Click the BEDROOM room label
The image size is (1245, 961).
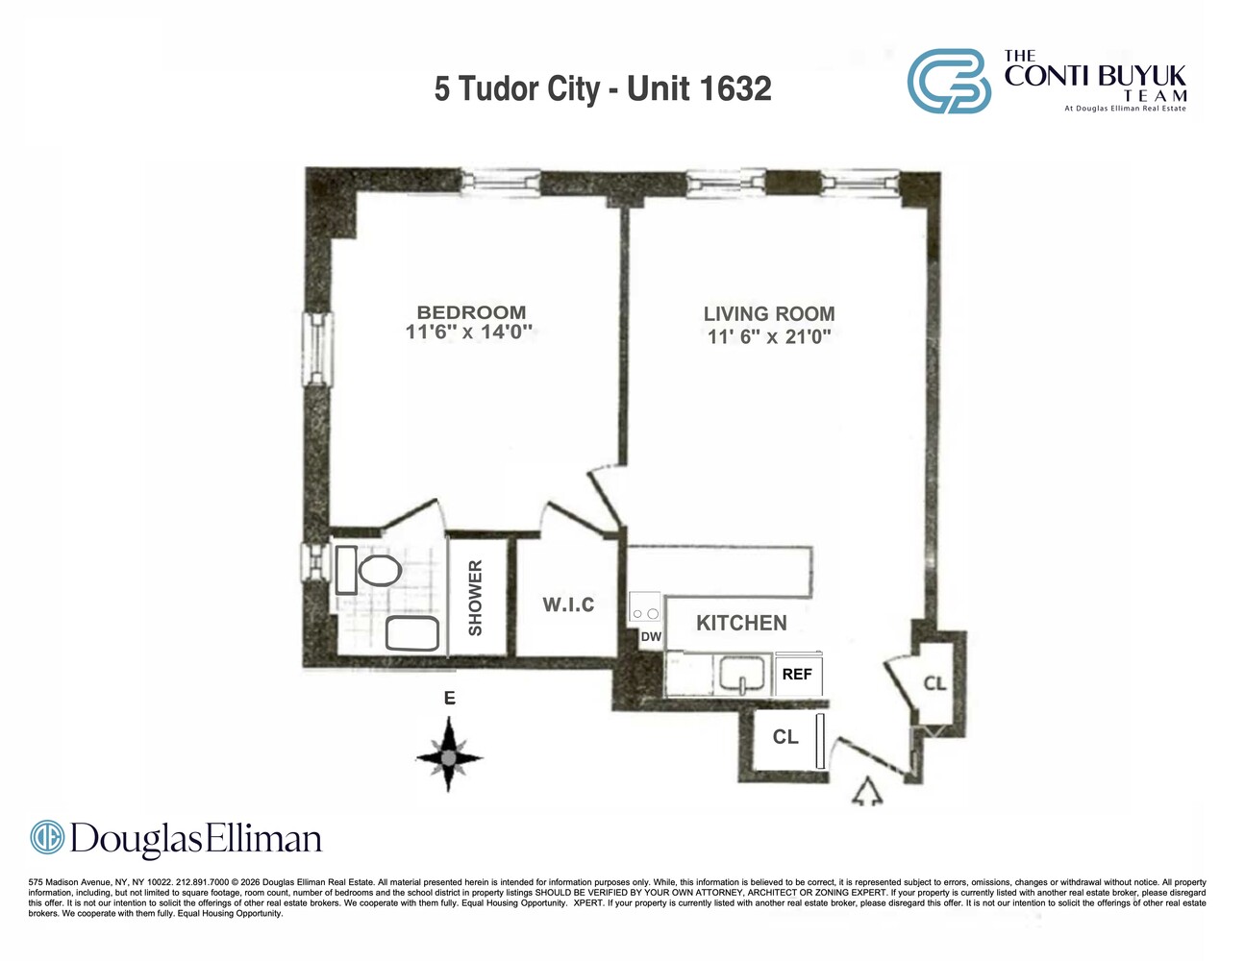pyautogui.click(x=471, y=312)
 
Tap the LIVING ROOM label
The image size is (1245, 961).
pyautogui.click(x=768, y=313)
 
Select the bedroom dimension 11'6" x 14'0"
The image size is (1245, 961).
pyautogui.click(x=468, y=333)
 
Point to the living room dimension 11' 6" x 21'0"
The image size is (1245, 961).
pyautogui.click(x=768, y=336)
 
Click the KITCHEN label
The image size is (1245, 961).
pyautogui.click(x=741, y=623)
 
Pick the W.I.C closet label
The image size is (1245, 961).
pyautogui.click(x=568, y=604)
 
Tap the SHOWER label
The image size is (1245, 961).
pyautogui.click(x=475, y=598)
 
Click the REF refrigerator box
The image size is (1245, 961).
pyautogui.click(x=797, y=674)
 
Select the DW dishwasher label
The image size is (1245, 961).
pyautogui.click(x=651, y=636)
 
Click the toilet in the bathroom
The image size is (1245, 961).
pyautogui.click(x=379, y=570)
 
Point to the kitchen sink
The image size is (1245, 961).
pyautogui.click(x=742, y=675)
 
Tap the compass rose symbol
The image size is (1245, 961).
pyautogui.click(x=449, y=758)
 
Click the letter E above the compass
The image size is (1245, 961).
pyautogui.click(x=449, y=699)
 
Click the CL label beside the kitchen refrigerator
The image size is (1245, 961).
pyautogui.click(x=785, y=737)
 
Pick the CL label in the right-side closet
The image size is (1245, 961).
pyautogui.click(x=934, y=683)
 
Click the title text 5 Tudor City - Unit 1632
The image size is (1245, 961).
pyautogui.click(x=603, y=88)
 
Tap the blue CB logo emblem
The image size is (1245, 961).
pyautogui.click(x=949, y=82)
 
